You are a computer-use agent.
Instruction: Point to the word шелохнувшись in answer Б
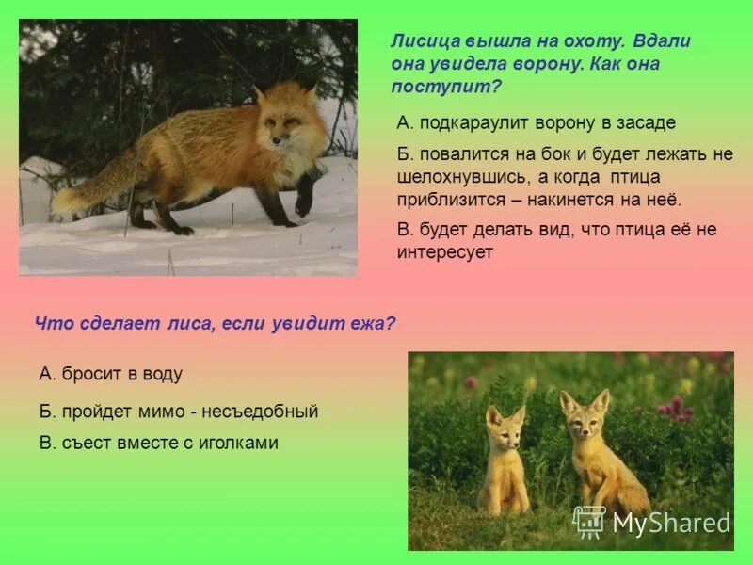click(x=451, y=178)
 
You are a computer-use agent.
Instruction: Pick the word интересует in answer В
click(x=445, y=252)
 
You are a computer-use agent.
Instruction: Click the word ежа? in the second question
click(x=374, y=323)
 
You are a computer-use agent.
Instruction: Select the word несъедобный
click(x=265, y=412)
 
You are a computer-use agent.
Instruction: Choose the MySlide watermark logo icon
click(x=589, y=522)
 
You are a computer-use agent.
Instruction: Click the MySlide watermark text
click(x=670, y=524)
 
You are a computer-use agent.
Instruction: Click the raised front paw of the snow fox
click(x=303, y=202)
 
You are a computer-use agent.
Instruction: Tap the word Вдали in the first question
click(x=662, y=41)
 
